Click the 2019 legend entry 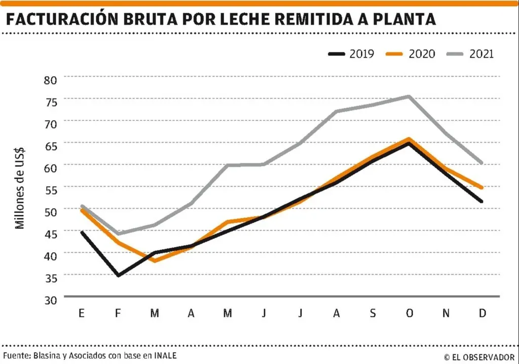(x=351, y=54)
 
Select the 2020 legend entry (x=411, y=54)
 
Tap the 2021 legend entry (x=470, y=54)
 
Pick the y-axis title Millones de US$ (x=20, y=187)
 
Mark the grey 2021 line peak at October (x=409, y=96)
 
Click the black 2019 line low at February (x=118, y=275)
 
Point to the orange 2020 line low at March (x=155, y=261)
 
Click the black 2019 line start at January (x=82, y=232)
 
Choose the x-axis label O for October (x=409, y=313)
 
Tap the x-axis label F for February (x=118, y=313)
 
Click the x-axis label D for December (x=481, y=313)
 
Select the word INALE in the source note (x=165, y=355)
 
